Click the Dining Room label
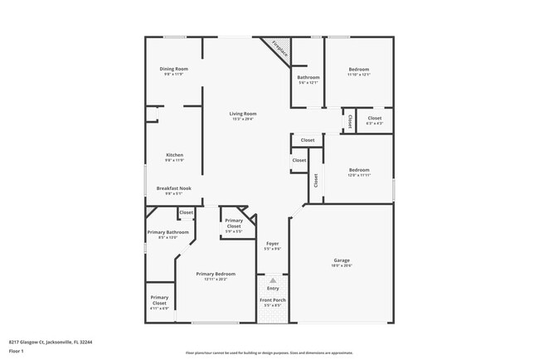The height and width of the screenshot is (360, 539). pos(174,69)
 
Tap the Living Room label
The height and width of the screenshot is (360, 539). pos(243,114)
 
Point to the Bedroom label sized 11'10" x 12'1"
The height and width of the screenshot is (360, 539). pos(358,69)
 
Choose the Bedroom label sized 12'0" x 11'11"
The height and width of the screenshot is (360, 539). pos(358,170)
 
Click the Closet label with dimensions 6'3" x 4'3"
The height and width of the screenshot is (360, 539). pos(375,119)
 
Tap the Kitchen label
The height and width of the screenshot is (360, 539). pos(174,155)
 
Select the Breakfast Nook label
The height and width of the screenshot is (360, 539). pos(174,188)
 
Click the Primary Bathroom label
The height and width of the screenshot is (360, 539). pos(168,232)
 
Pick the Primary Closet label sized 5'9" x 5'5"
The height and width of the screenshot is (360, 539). pos(234,223)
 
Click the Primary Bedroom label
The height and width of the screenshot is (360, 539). pos(216,274)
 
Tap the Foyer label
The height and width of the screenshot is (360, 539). pos(272,243)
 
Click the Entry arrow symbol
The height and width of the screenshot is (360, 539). pos(272,281)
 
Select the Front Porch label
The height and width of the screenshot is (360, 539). pos(272,299)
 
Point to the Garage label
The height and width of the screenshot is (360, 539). pos(342,260)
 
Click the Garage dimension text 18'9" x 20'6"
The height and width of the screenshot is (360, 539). pos(342,266)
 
